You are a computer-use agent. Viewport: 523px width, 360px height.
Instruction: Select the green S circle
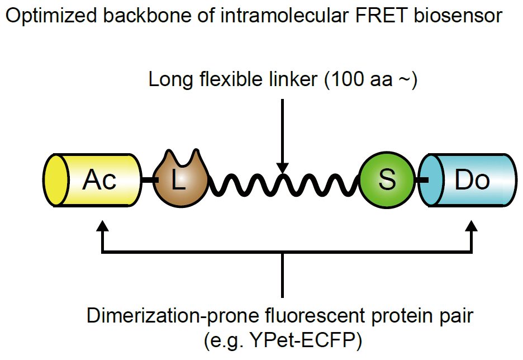point(386,181)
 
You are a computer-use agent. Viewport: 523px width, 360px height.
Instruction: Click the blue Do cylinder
point(472,181)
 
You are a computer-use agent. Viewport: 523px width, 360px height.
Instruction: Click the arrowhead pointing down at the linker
point(283,167)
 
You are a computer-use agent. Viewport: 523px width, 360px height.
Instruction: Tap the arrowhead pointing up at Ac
point(101,226)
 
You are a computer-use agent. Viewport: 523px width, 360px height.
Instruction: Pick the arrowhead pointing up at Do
point(472,226)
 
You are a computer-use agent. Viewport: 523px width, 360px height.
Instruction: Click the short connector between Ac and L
point(147,180)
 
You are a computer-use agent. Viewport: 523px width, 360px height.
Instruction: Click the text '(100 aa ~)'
point(372,80)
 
